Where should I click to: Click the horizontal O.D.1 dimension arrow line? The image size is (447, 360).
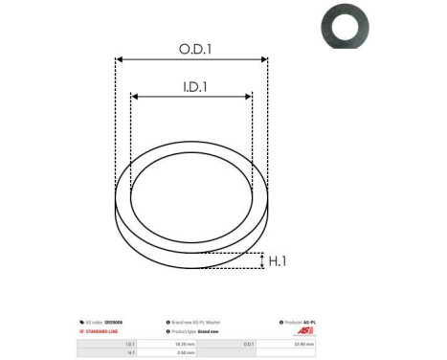191,59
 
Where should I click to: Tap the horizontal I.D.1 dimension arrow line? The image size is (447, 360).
191,97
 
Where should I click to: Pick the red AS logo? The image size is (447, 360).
303,331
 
